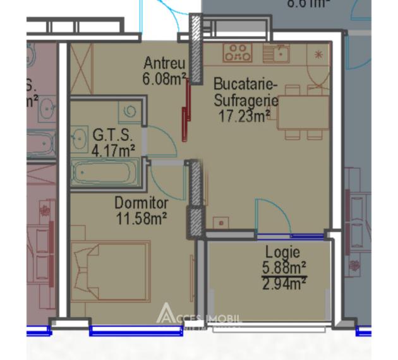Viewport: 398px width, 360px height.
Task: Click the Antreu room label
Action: [164, 64]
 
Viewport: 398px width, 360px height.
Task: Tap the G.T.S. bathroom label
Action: [112, 136]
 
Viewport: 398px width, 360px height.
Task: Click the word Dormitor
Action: [141, 203]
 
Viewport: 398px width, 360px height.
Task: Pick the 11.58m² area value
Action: [141, 218]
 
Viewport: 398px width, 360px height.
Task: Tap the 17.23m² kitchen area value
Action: [244, 115]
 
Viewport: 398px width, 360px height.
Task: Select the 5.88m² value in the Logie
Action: [284, 266]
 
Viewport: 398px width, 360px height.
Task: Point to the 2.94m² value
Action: [284, 282]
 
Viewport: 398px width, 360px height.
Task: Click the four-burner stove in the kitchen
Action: [238, 52]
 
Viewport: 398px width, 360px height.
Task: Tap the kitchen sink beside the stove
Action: [275, 52]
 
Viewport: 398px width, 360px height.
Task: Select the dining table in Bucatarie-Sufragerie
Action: [303, 112]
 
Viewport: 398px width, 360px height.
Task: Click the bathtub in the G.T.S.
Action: [104, 172]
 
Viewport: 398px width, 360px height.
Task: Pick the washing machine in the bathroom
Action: [130, 111]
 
